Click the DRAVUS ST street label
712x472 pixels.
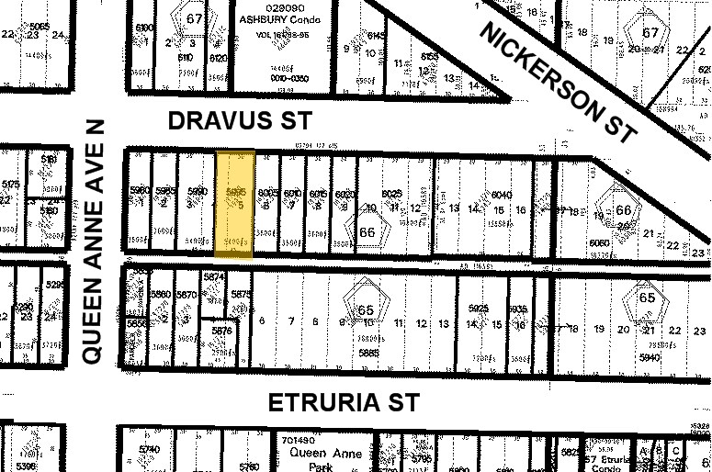[241, 120]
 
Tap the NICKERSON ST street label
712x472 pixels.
[558, 82]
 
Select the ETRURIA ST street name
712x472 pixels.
[344, 402]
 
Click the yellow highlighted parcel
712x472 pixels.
[234, 202]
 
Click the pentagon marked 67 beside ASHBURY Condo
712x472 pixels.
[195, 19]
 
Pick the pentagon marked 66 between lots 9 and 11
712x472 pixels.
[367, 230]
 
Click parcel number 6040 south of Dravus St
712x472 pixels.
[502, 196]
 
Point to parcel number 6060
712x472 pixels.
[601, 242]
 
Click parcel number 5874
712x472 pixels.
[214, 276]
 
